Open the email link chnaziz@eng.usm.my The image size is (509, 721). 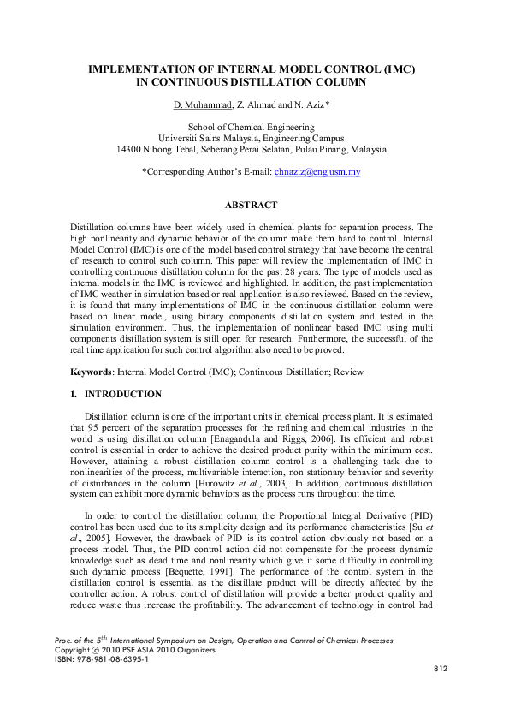tap(317, 171)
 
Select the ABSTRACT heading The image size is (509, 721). tap(251, 206)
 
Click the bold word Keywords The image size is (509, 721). tap(92, 372)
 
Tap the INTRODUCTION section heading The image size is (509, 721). tap(123, 395)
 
